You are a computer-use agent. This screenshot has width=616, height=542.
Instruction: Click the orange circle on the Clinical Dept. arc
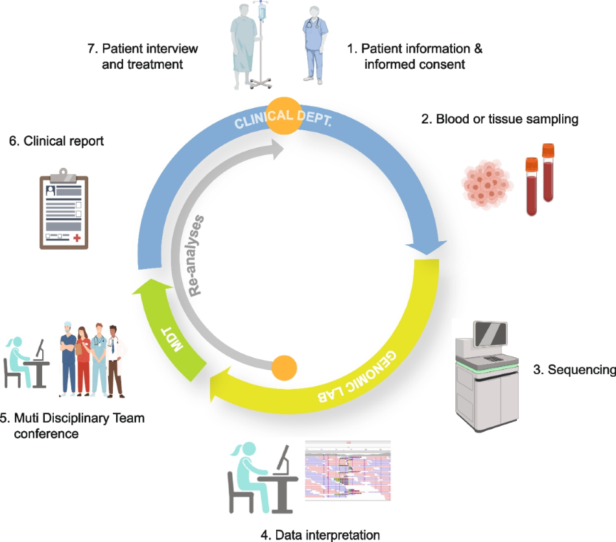pyautogui.click(x=281, y=116)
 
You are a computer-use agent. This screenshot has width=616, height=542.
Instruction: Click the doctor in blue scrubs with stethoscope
pyautogui.click(x=314, y=45)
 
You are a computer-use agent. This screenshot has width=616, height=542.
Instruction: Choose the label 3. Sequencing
pyautogui.click(x=574, y=370)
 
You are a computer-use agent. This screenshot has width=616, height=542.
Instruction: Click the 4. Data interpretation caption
pyautogui.click(x=320, y=535)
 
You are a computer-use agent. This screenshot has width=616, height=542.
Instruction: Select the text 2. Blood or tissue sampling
pyautogui.click(x=507, y=119)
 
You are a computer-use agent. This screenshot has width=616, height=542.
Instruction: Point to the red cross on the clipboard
pyautogui.click(x=77, y=239)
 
